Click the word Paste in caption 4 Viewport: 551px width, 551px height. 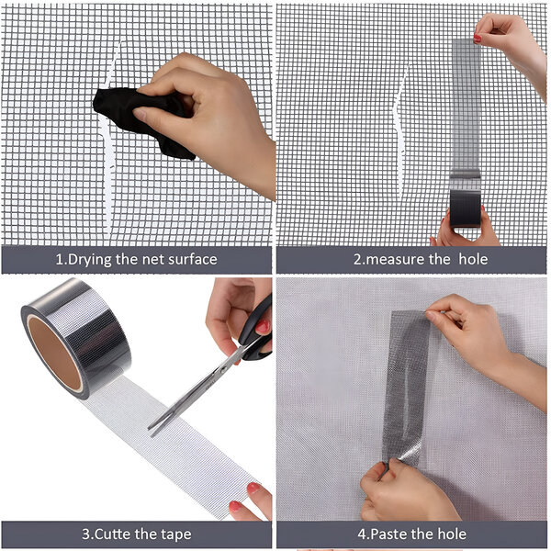389,534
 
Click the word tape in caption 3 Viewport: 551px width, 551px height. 176,534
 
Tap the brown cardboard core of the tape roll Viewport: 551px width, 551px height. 54,354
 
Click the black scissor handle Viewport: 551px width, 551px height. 256,332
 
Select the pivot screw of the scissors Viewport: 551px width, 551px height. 223,369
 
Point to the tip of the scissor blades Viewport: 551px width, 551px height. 149,430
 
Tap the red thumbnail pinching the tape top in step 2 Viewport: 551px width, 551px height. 477,38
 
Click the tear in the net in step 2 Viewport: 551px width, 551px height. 400,131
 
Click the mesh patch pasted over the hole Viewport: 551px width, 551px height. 407,387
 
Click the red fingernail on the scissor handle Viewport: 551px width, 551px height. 263,327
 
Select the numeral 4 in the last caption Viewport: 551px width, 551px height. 362,534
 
